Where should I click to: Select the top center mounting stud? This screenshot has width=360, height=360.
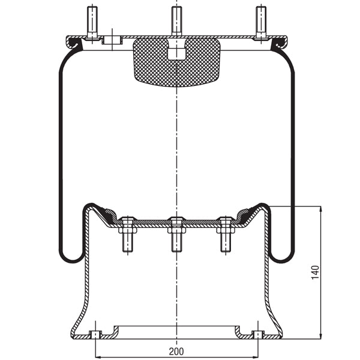(x=176, y=21)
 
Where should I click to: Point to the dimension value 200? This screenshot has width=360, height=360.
(x=176, y=351)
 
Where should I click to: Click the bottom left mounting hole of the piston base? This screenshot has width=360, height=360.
(x=94, y=334)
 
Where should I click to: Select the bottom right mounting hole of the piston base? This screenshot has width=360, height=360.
(x=258, y=334)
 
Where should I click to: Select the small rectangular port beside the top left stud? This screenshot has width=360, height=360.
(x=112, y=40)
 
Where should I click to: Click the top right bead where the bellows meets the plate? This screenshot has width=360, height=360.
(x=278, y=43)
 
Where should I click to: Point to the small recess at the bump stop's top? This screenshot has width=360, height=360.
(x=176, y=50)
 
